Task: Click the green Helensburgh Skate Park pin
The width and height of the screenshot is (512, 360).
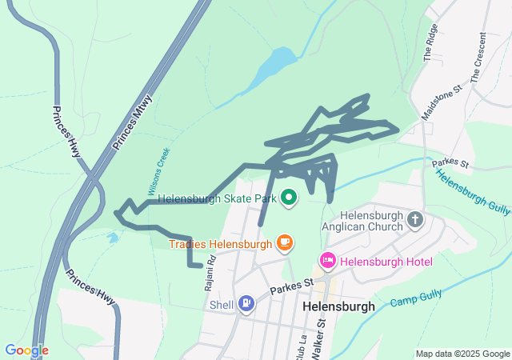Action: (x=288, y=196)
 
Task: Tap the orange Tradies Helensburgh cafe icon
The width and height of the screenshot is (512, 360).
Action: (x=283, y=242)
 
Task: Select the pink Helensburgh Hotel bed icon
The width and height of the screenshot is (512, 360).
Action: (x=327, y=261)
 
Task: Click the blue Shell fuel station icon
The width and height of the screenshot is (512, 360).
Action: (x=247, y=303)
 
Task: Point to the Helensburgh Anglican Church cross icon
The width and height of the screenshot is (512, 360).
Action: (x=414, y=218)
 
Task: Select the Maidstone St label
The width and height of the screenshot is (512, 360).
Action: (x=442, y=105)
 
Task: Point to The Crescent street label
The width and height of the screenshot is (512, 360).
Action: (x=478, y=58)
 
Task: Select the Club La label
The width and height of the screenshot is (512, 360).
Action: (x=303, y=339)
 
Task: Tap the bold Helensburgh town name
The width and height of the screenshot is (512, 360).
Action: (x=339, y=306)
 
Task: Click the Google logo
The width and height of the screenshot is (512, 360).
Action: (x=26, y=350)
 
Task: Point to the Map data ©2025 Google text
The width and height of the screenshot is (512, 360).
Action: (x=462, y=354)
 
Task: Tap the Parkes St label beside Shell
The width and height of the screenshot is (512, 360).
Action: (x=290, y=286)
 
